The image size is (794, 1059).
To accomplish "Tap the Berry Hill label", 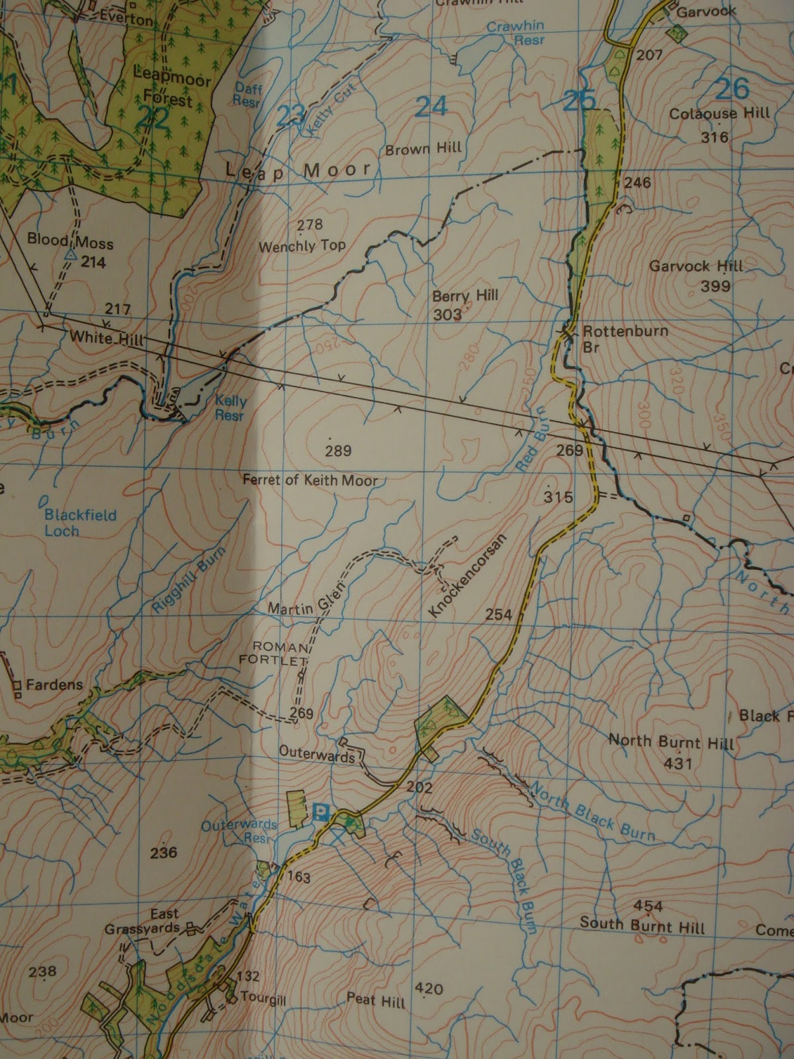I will (x=464, y=296).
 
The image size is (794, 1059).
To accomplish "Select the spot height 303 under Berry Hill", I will (x=447, y=314).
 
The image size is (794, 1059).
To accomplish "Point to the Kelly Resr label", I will (x=230, y=408).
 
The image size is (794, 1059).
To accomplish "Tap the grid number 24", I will (x=431, y=106).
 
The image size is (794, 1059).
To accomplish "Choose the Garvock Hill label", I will (x=696, y=267).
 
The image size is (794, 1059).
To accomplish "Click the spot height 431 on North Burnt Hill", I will (x=678, y=763).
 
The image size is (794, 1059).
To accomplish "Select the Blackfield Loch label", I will (x=71, y=522).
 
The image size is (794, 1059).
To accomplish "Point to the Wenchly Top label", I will (x=302, y=246).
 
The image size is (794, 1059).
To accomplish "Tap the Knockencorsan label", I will (x=466, y=576).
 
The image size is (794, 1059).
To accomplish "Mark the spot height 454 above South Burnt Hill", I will (x=648, y=905).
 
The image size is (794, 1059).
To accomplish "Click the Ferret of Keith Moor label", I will (x=310, y=481).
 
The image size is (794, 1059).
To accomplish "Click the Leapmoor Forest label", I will (x=171, y=86).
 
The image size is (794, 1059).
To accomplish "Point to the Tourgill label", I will (x=263, y=998).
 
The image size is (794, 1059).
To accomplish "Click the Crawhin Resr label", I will (x=516, y=33).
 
